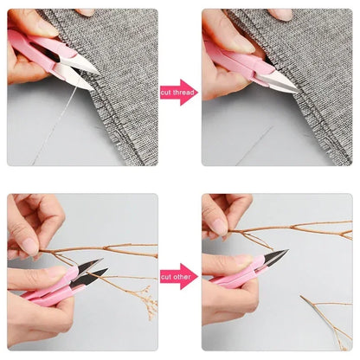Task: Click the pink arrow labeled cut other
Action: click(x=179, y=277)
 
